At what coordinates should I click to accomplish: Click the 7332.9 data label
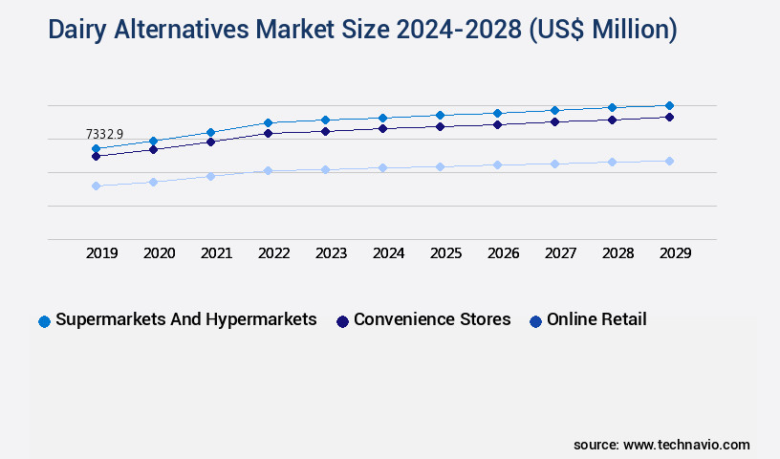(x=104, y=134)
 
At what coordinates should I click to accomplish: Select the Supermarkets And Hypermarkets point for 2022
(x=269, y=122)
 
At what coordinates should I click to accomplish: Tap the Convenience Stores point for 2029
(x=669, y=117)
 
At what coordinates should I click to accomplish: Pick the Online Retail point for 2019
(x=96, y=186)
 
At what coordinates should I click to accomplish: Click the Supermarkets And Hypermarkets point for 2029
(x=669, y=105)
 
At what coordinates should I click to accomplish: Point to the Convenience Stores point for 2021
(x=210, y=142)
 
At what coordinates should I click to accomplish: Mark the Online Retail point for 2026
(x=497, y=164)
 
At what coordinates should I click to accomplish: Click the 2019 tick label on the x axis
(x=102, y=253)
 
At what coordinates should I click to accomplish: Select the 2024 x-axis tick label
(x=389, y=253)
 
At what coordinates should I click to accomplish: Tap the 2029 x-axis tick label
(x=676, y=253)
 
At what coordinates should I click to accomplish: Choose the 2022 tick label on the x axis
(x=274, y=253)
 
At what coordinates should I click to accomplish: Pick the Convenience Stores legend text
(x=432, y=319)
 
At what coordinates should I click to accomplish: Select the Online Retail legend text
(x=596, y=319)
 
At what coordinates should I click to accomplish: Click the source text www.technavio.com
(x=686, y=445)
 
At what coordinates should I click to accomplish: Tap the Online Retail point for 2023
(x=325, y=169)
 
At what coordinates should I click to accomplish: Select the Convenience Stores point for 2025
(x=440, y=126)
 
